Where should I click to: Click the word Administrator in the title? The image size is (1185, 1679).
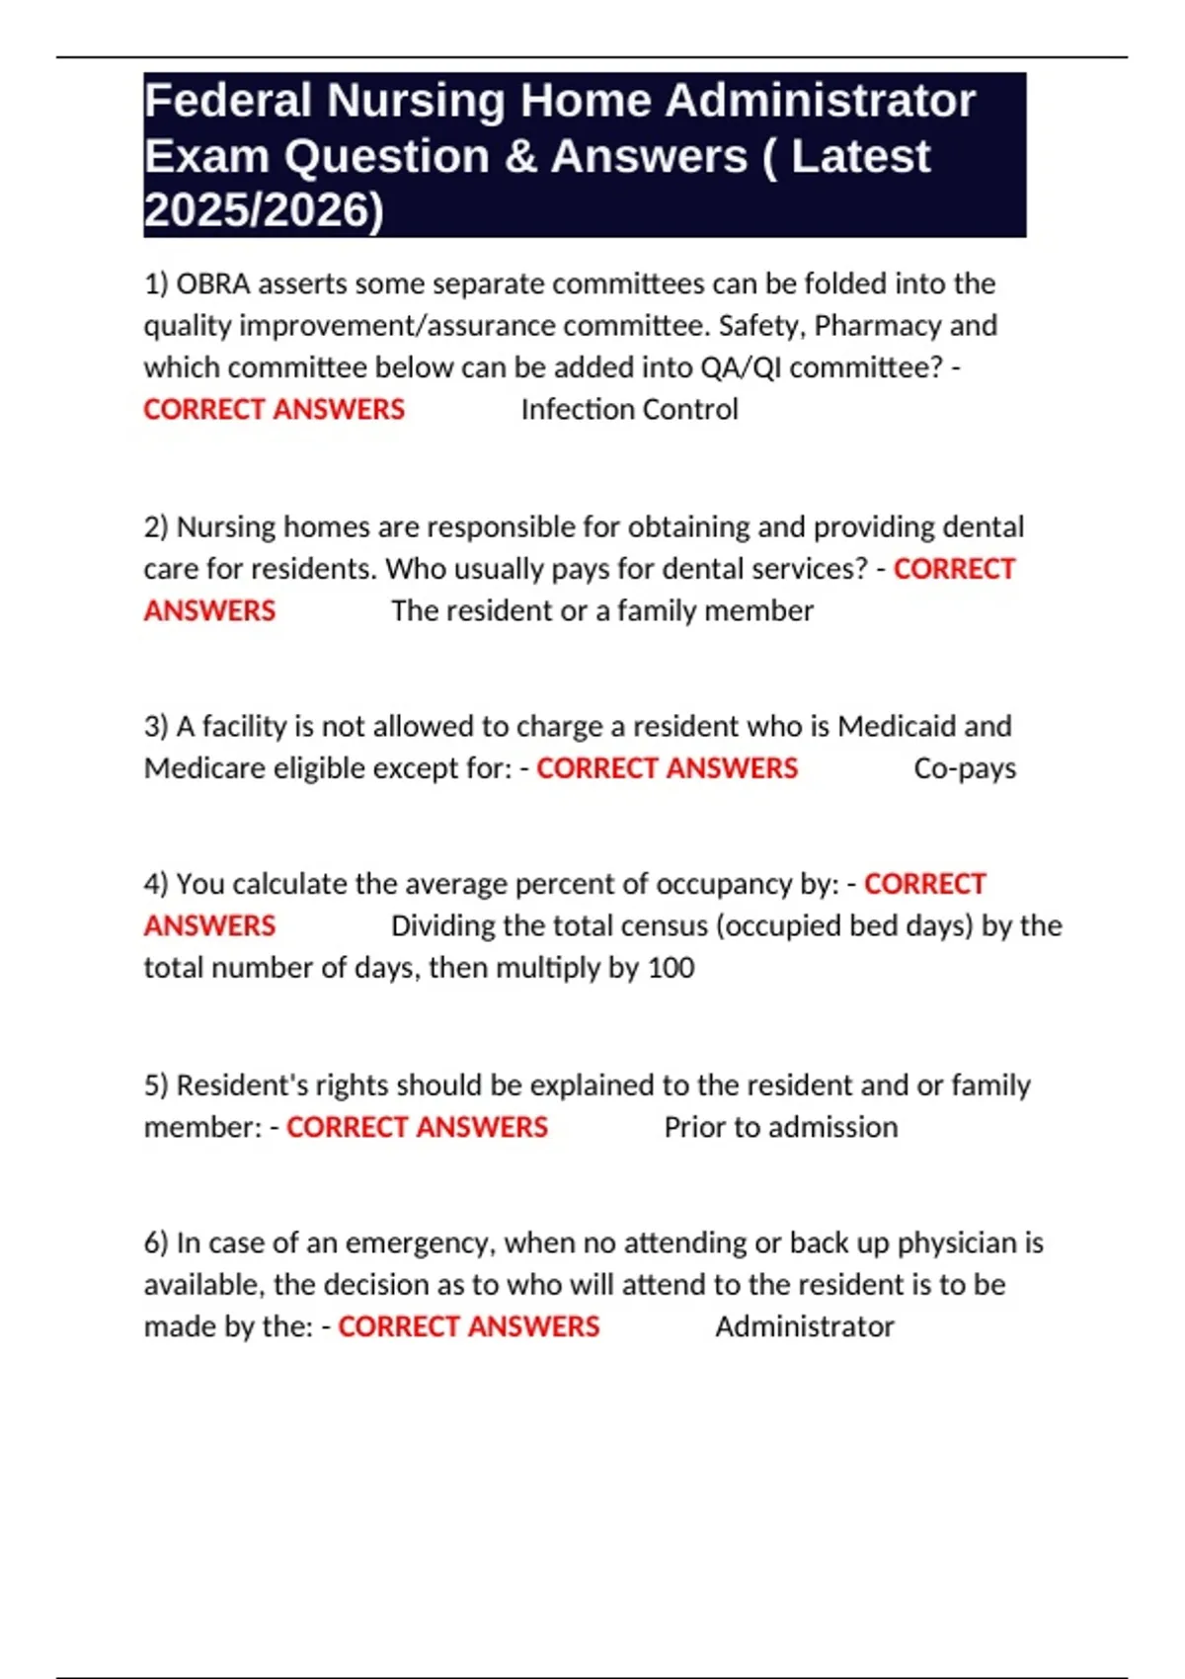pos(820,101)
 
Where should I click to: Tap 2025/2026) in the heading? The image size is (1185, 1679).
pos(264,210)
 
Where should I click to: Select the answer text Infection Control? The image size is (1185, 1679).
pos(629,409)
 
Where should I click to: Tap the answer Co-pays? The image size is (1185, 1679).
pos(965,768)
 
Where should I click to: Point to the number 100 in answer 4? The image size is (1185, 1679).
pos(671,967)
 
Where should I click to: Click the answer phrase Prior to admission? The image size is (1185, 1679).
pos(781,1127)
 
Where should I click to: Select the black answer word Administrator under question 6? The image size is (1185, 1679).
pos(805,1326)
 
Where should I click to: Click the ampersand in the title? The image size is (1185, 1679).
pos(519,156)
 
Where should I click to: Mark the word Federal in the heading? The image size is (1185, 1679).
pos(228,101)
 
